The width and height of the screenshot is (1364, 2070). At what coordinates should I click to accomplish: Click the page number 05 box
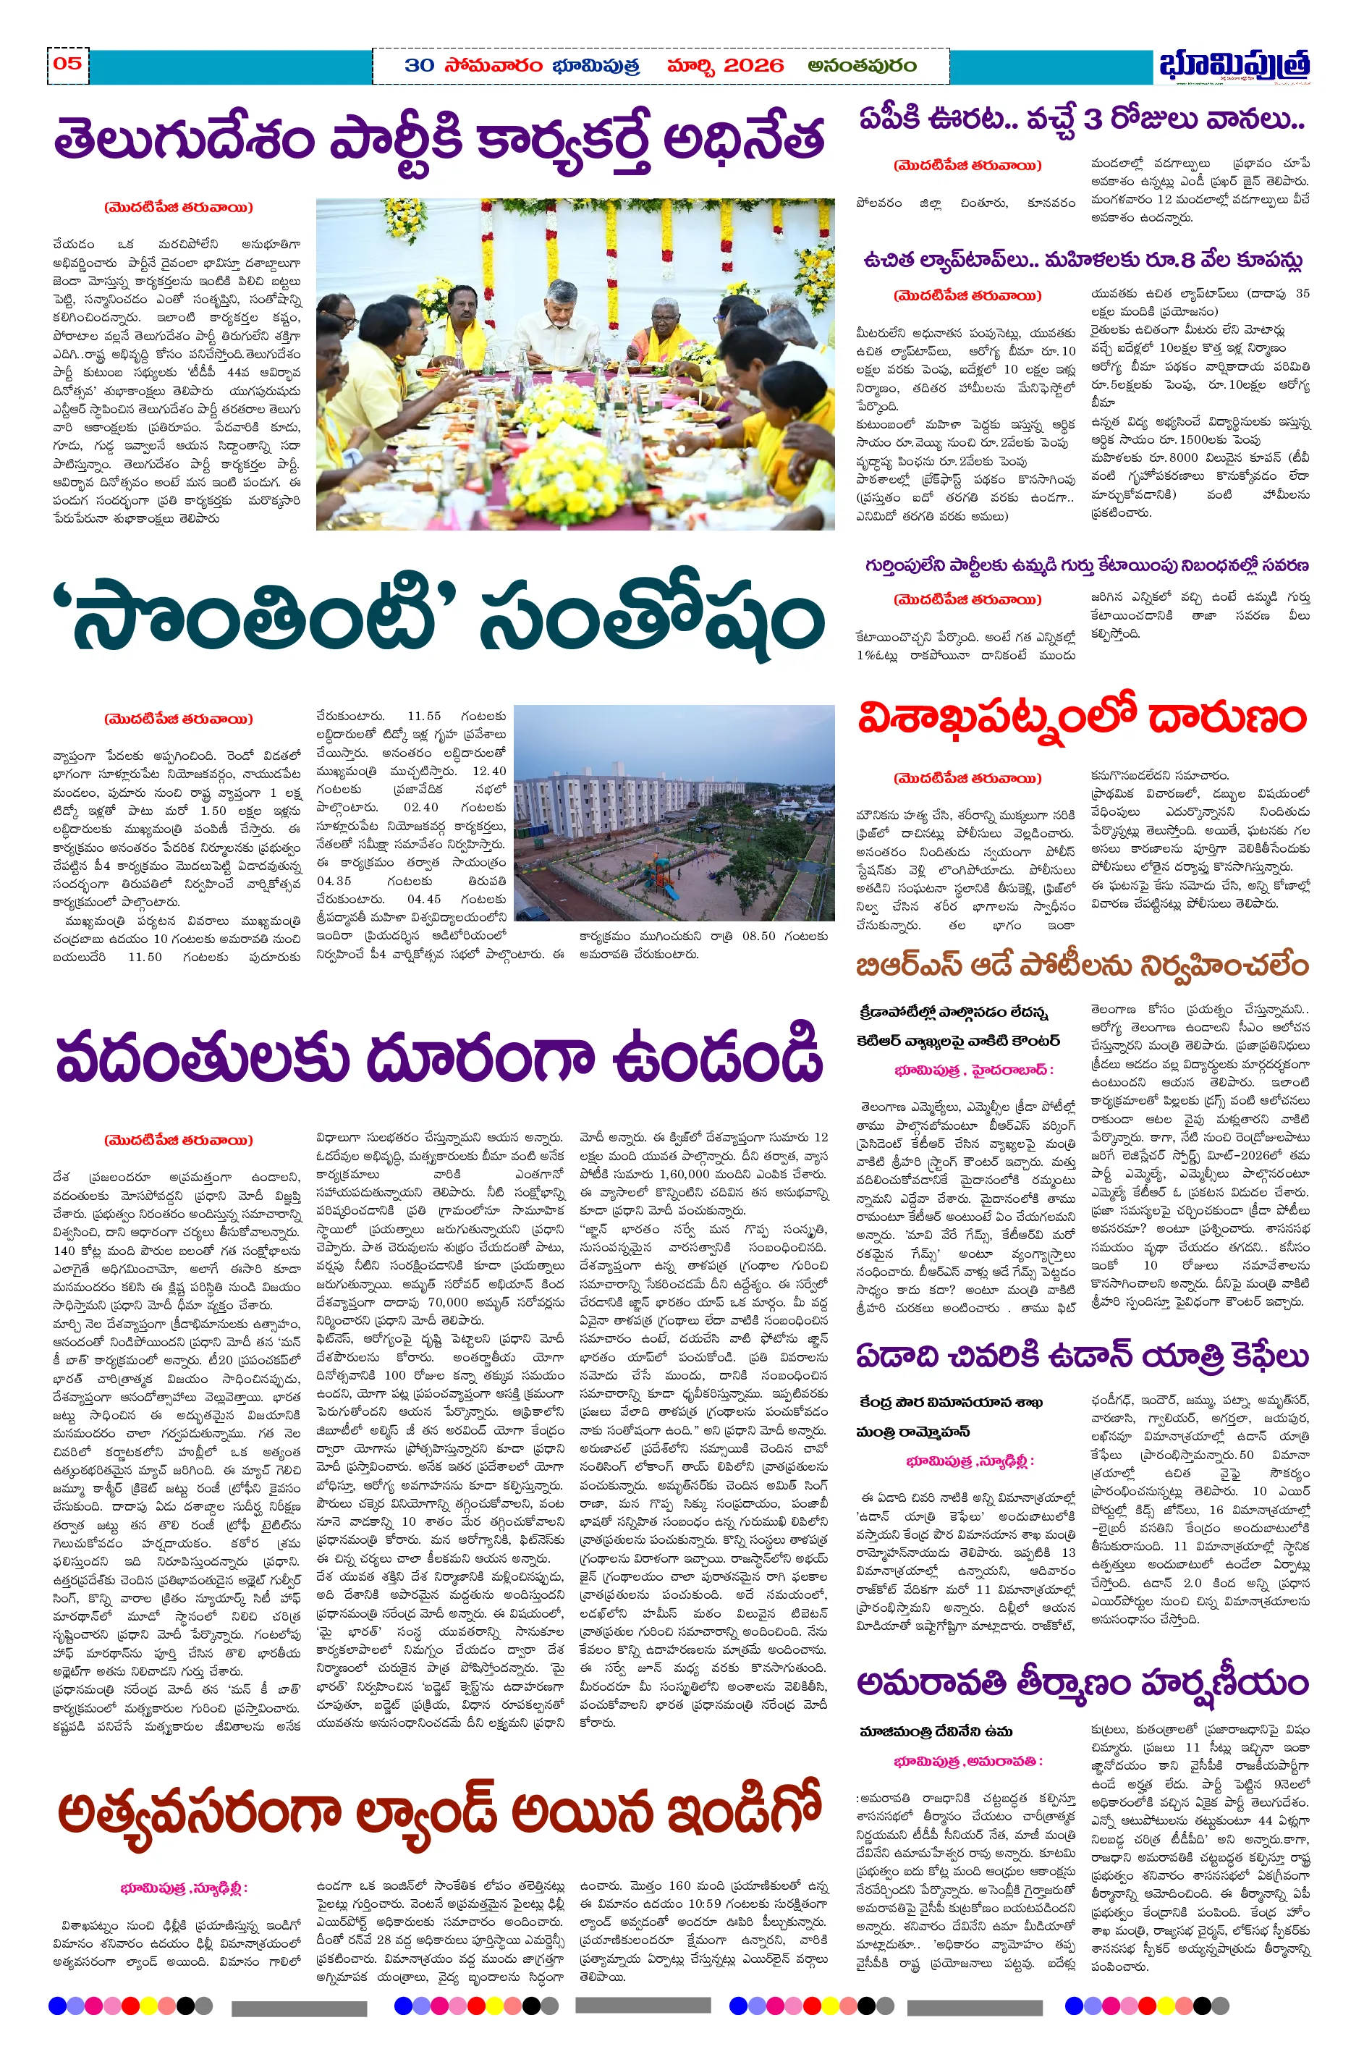[x=68, y=64]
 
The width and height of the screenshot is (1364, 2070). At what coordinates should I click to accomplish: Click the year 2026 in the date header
[x=753, y=66]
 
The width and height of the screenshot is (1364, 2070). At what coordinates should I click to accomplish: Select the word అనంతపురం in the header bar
[x=861, y=66]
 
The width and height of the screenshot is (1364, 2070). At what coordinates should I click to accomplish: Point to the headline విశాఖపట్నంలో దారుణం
[x=1081, y=719]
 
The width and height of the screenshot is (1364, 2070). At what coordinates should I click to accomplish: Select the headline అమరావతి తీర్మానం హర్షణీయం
[x=1081, y=1684]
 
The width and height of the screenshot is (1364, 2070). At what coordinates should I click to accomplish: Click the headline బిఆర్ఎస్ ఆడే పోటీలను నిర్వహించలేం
[x=1081, y=966]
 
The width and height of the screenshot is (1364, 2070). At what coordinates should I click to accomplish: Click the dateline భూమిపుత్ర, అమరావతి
[x=967, y=1761]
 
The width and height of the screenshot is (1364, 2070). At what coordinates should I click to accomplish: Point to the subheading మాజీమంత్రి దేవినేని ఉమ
[x=935, y=1731]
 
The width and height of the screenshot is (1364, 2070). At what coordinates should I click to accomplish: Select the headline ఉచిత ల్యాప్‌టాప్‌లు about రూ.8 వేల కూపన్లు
[x=1081, y=260]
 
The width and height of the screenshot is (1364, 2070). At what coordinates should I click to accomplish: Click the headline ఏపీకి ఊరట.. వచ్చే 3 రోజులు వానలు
[x=1081, y=119]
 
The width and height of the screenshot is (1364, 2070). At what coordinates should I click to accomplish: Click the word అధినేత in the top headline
[x=744, y=139]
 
